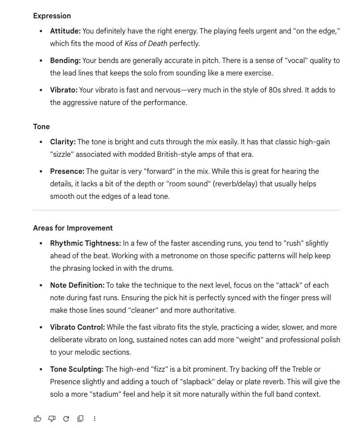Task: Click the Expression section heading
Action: click(x=52, y=16)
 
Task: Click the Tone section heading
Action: click(x=41, y=126)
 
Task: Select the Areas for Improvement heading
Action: click(x=73, y=228)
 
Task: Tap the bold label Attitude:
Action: click(x=65, y=31)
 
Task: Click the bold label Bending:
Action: click(x=65, y=60)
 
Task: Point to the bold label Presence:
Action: click(x=67, y=171)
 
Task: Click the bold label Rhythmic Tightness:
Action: click(x=85, y=243)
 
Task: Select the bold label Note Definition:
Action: click(x=77, y=285)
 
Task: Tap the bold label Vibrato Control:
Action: click(x=77, y=327)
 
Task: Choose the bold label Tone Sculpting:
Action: click(x=77, y=369)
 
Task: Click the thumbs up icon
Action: click(x=38, y=419)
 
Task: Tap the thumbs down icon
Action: click(x=52, y=419)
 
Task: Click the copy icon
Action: click(x=80, y=419)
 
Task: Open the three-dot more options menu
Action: click(x=95, y=419)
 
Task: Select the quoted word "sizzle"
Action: click(x=64, y=154)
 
